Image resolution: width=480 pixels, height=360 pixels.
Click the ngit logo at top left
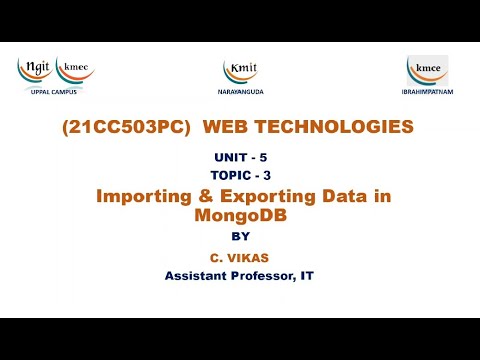[x=35, y=69]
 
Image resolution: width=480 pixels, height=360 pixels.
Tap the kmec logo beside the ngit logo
[x=75, y=69]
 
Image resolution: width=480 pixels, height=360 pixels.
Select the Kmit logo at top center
[x=240, y=69]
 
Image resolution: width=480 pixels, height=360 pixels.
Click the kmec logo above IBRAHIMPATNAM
[x=427, y=69]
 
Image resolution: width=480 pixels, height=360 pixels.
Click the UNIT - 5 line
[x=240, y=159]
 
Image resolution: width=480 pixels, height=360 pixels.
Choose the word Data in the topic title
[x=342, y=197]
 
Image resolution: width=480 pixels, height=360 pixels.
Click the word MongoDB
[x=239, y=214]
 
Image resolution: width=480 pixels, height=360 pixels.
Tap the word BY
[x=240, y=236]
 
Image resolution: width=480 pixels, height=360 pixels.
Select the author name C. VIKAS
[x=240, y=256]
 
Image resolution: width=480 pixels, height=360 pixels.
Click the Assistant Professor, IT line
[x=240, y=275]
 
